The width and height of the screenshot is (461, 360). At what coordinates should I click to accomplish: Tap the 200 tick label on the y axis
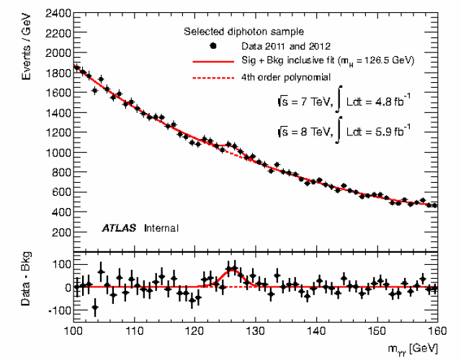[x=61, y=233]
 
